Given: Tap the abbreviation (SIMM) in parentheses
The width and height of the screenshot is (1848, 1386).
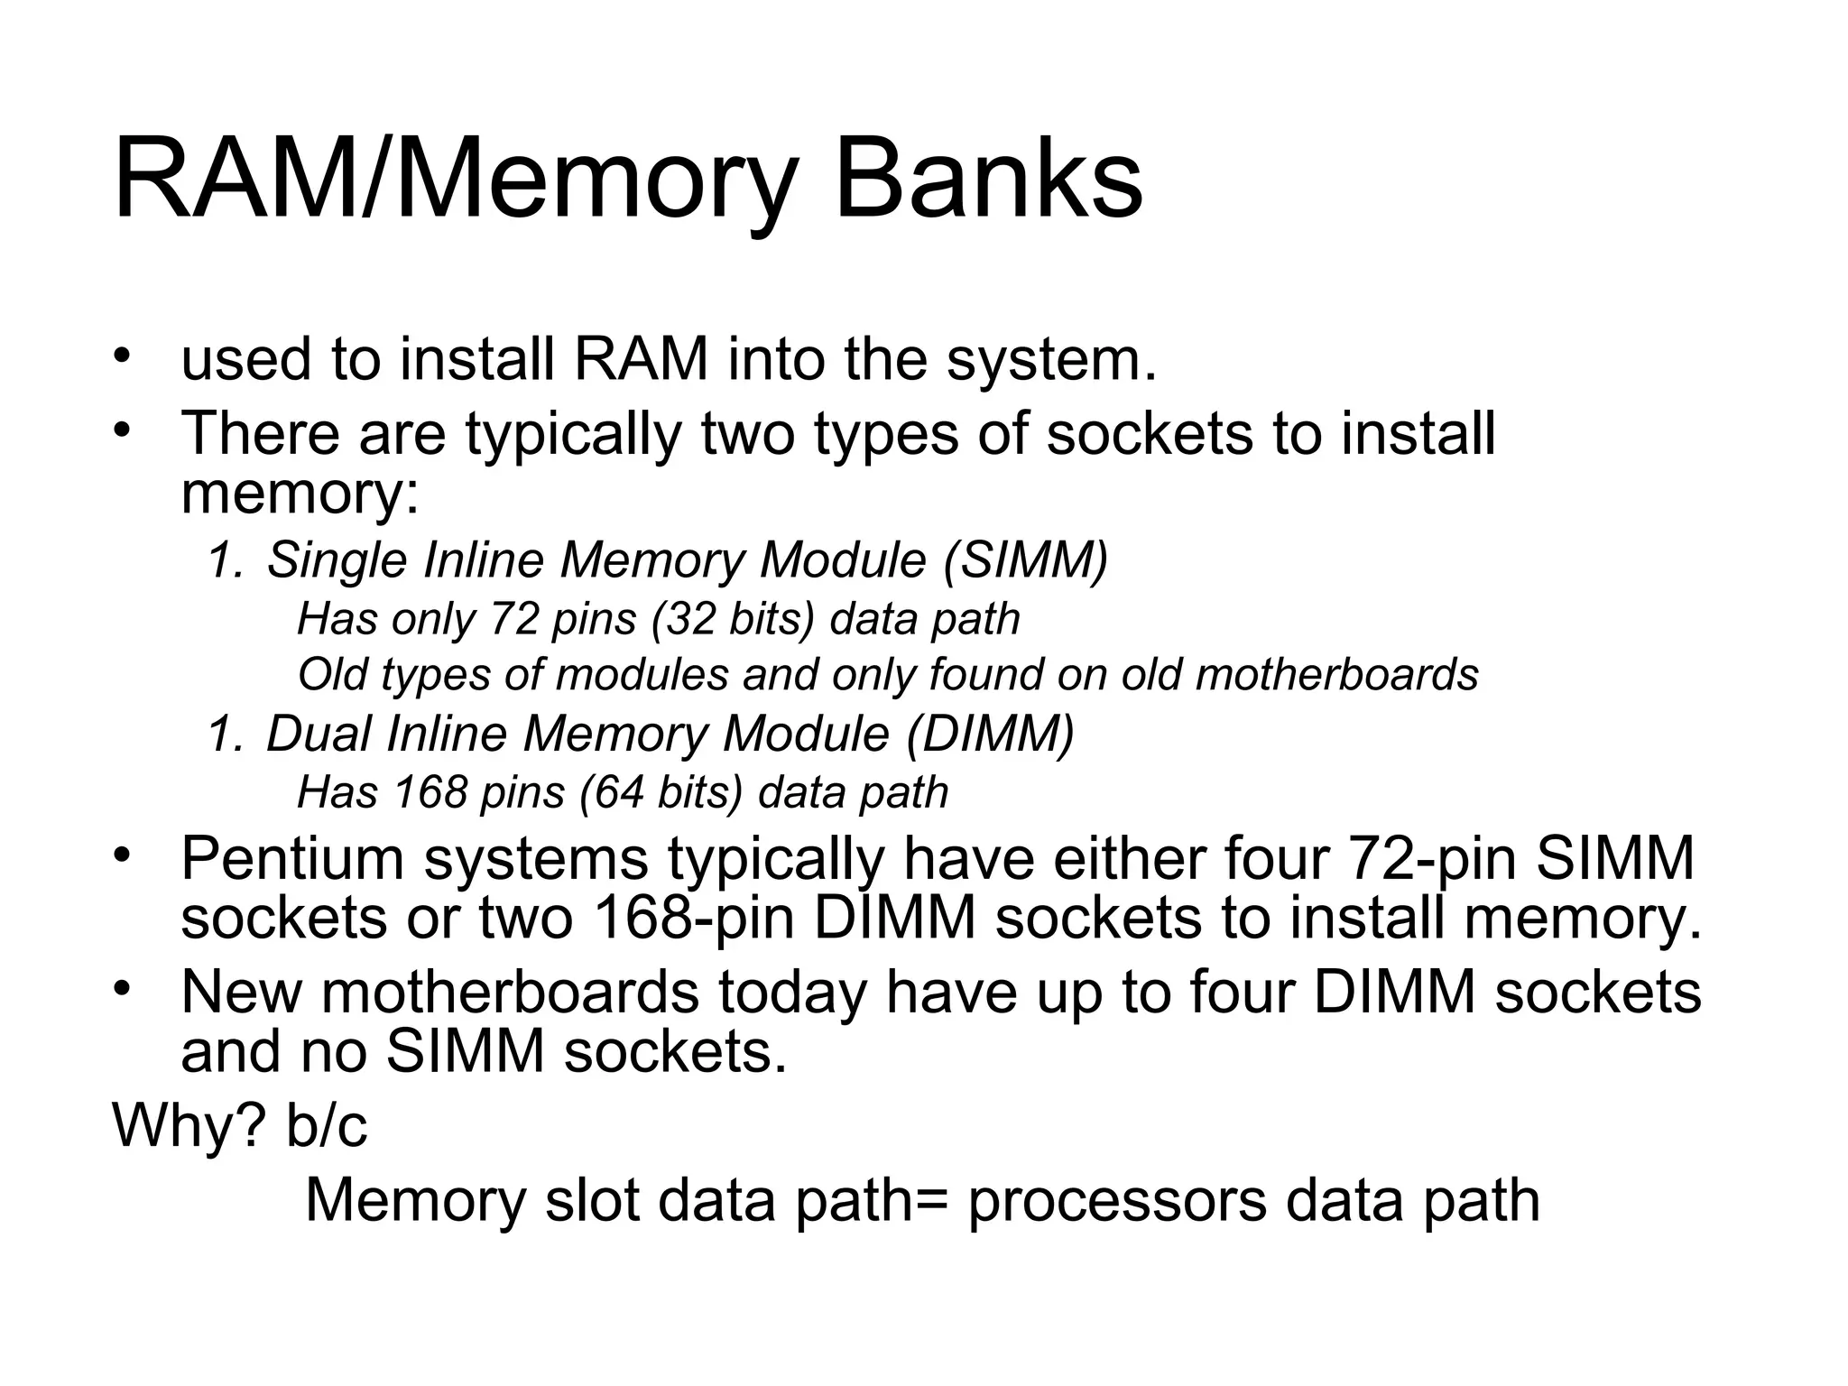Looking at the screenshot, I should click(x=1025, y=560).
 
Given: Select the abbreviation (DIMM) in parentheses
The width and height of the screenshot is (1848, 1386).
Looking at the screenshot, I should click(x=990, y=734).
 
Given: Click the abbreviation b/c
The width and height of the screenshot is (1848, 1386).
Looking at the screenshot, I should click(x=327, y=1125).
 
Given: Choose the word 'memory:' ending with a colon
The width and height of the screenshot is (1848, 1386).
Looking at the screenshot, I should click(x=300, y=494).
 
